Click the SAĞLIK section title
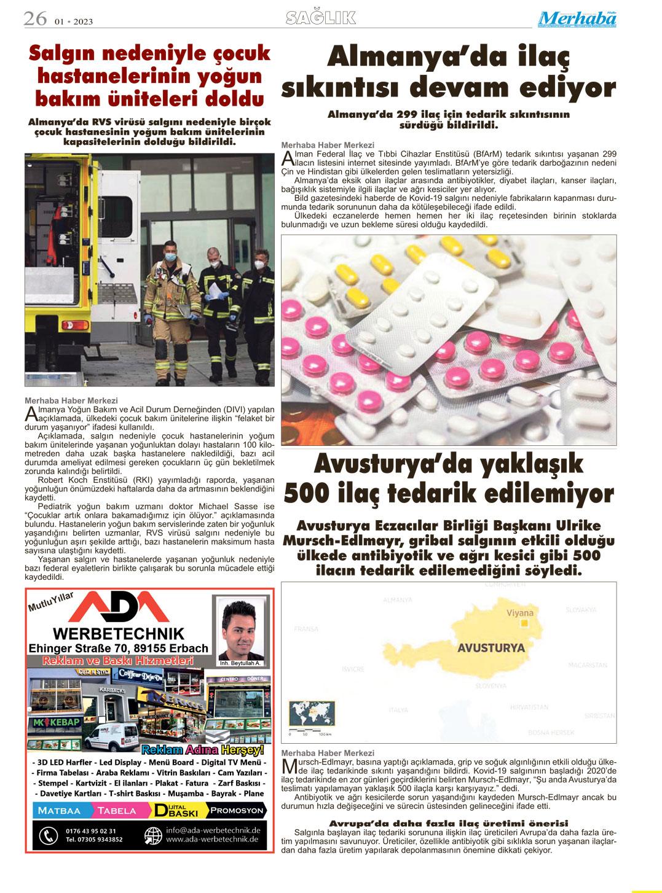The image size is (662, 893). click(321, 18)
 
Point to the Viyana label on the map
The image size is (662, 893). click(519, 613)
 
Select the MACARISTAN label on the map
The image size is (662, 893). click(588, 665)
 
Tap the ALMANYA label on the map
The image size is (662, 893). click(396, 599)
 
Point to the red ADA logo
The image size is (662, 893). click(118, 607)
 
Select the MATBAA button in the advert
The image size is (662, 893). click(58, 811)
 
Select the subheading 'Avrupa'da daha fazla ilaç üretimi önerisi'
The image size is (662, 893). click(448, 823)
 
